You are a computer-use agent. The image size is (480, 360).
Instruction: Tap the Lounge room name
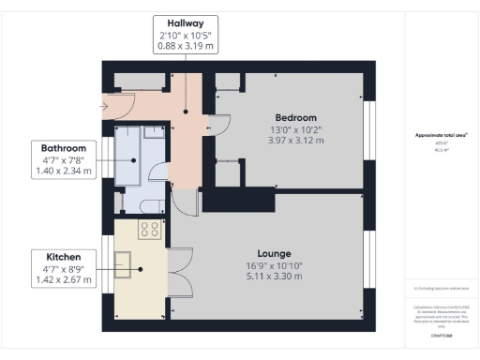pyautogui.click(x=274, y=253)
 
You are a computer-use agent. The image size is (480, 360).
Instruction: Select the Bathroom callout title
pyautogui.click(x=63, y=148)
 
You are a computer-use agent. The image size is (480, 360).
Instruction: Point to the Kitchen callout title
pyautogui.click(x=63, y=256)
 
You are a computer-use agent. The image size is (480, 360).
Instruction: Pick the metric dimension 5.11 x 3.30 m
pyautogui.click(x=274, y=277)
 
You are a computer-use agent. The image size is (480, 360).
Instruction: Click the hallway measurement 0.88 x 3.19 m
pyautogui.click(x=185, y=45)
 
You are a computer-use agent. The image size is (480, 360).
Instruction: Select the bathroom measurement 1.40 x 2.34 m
pyautogui.click(x=63, y=172)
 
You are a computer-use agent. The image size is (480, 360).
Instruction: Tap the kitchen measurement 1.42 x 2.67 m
pyautogui.click(x=63, y=278)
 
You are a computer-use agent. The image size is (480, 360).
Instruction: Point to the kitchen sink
pyautogui.click(x=125, y=261)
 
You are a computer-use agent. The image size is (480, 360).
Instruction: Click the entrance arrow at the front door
pyautogui.click(x=103, y=106)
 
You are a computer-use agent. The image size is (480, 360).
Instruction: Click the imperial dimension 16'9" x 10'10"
pyautogui.click(x=274, y=265)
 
